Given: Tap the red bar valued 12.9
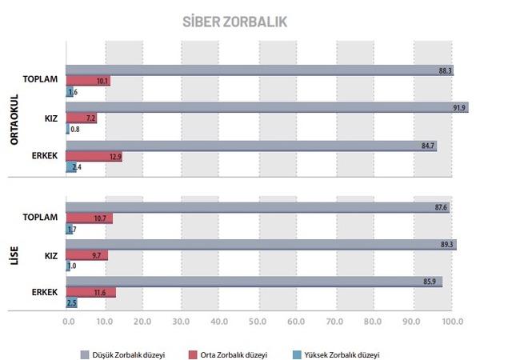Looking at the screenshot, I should tap(94, 156).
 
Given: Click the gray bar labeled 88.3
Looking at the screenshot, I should tap(260, 70).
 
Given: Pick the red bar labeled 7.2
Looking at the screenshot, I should tap(81, 118).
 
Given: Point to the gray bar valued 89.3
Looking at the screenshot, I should tap(261, 244).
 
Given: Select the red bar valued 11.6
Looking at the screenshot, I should tap(90, 292).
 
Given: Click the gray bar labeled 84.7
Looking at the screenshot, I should tap(251, 145).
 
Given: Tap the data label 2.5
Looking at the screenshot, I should tap(71, 303).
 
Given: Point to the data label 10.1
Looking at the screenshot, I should tap(102, 82).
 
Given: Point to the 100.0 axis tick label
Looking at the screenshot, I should tap(452, 322).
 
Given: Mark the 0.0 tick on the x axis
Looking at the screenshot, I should tap(69, 322).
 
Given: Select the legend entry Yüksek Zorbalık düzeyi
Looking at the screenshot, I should tap(341, 354).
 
